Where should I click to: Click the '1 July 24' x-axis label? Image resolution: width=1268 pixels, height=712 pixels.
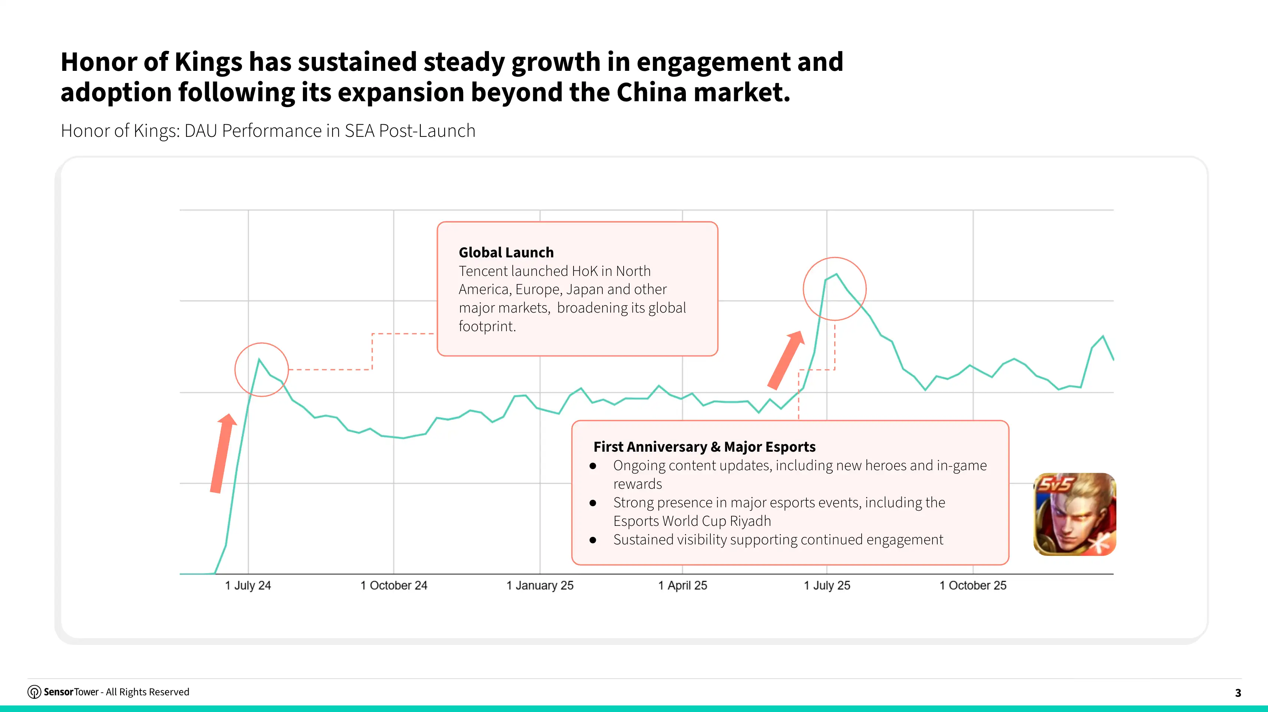(248, 586)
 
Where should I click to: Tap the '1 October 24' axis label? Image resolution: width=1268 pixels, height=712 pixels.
(394, 586)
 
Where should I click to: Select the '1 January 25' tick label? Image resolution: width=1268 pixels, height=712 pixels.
(540, 586)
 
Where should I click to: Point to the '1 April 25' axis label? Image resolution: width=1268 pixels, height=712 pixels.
(683, 586)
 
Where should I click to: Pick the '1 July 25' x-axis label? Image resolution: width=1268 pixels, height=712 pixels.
(827, 586)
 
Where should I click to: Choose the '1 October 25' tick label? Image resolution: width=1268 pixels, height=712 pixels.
(973, 586)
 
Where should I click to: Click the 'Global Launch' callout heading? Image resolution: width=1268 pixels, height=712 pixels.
(506, 253)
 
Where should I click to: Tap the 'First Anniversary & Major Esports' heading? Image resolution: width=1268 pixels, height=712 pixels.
(704, 446)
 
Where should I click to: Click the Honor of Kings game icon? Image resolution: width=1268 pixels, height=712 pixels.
(1074, 515)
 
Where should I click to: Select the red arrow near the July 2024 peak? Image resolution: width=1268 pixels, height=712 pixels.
(223, 453)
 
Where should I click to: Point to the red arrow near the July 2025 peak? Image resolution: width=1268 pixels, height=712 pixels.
(786, 360)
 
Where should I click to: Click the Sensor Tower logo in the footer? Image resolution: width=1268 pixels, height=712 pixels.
(34, 692)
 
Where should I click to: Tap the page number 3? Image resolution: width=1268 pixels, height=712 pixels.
(1238, 693)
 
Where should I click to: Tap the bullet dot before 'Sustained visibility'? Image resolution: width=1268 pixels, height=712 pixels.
(593, 540)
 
